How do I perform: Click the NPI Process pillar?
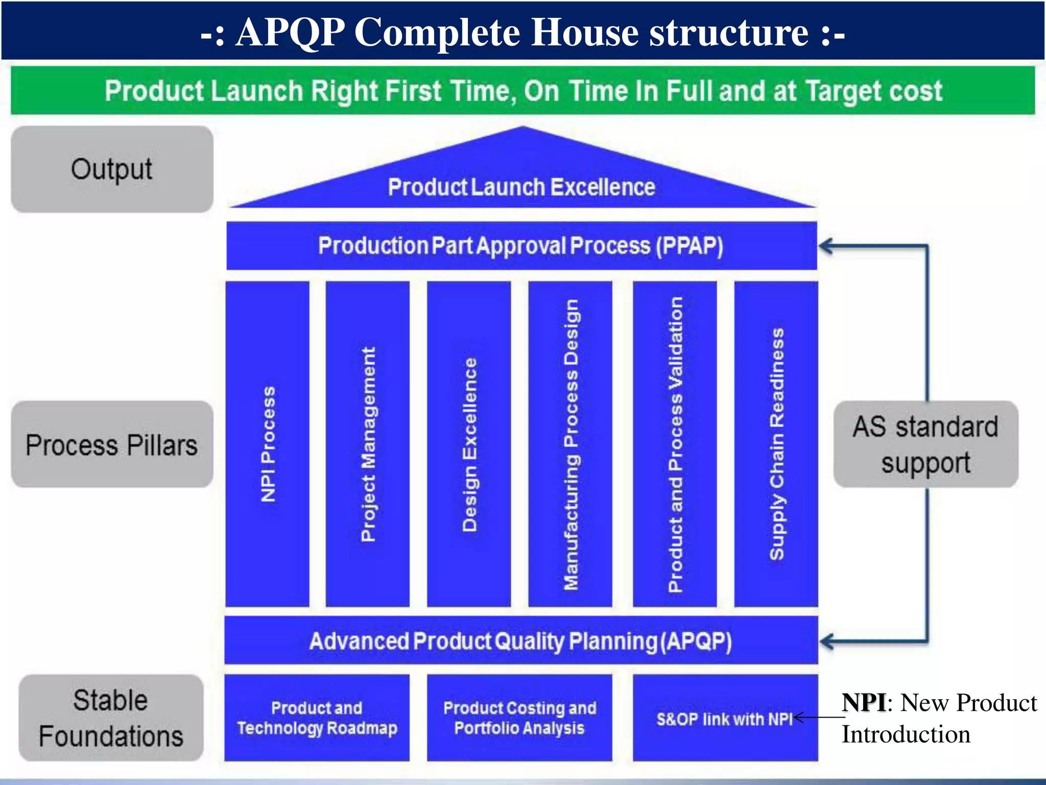click(267, 444)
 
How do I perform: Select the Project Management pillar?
click(368, 444)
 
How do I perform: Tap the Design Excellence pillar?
click(469, 444)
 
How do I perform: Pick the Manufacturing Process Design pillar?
click(570, 444)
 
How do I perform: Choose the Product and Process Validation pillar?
click(675, 444)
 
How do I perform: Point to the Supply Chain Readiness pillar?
click(776, 444)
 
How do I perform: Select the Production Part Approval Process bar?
click(521, 246)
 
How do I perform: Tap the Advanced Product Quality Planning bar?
click(521, 641)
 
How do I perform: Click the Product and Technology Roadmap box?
click(317, 718)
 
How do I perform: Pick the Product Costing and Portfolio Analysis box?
click(519, 718)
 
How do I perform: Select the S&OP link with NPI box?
click(725, 718)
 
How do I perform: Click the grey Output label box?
click(112, 169)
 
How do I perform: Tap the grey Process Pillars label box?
click(112, 444)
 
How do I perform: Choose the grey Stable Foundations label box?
click(111, 718)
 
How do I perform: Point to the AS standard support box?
click(925, 444)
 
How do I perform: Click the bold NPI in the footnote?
click(864, 702)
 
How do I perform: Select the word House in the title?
click(585, 32)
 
